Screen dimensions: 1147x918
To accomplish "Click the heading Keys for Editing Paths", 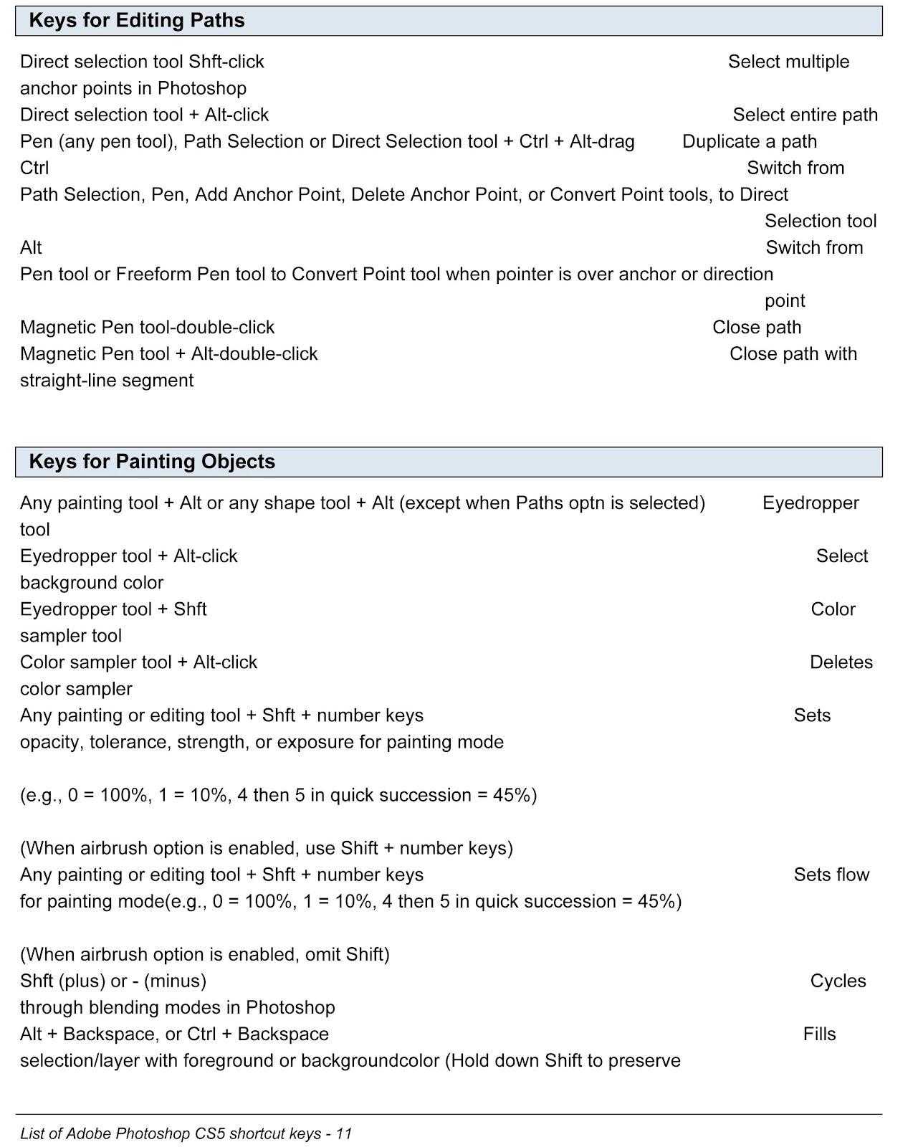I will point(136,20).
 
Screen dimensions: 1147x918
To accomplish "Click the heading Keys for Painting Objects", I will point(152,462).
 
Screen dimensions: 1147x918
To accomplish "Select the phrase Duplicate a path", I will point(750,142).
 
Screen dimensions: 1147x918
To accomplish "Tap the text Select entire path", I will point(805,115).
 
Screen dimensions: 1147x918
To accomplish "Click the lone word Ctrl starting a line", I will point(34,168).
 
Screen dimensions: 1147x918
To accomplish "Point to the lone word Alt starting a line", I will point(31,248).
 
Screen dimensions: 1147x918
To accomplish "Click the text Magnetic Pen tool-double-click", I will point(147,328).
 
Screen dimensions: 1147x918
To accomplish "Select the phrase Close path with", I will point(793,354).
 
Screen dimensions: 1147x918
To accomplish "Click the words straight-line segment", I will point(107,381).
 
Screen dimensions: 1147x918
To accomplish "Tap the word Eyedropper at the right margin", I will point(811,503).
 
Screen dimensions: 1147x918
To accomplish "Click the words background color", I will point(92,583).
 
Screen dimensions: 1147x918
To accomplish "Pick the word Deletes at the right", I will point(841,662).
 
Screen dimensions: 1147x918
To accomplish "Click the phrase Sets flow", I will point(831,875).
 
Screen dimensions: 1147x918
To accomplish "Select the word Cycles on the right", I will point(838,981).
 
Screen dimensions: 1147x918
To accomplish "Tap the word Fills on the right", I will point(820,1034).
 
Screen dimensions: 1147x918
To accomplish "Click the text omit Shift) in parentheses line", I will point(348,955).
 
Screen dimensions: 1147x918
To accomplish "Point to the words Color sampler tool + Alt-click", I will point(138,662).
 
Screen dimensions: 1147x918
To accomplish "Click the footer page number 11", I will point(344,1133).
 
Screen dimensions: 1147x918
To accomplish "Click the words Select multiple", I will point(788,62).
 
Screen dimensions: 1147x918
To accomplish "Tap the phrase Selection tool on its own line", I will point(821,222).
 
